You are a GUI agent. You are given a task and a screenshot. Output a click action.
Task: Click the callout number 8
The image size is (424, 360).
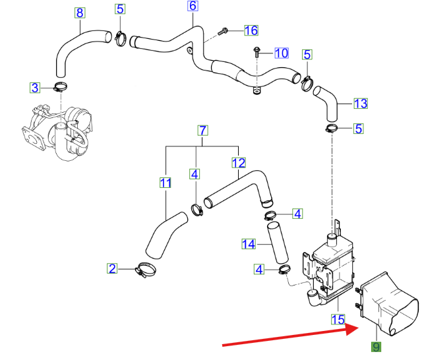(x=80, y=13)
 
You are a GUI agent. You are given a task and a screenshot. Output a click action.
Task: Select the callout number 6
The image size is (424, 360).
(x=193, y=6)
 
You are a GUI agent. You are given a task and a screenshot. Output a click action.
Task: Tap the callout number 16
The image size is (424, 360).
(x=251, y=30)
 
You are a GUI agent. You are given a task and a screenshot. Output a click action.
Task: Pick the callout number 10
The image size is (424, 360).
(x=281, y=53)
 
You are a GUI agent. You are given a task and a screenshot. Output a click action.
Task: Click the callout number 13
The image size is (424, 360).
(x=360, y=104)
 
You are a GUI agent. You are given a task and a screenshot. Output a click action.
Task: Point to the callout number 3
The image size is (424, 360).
(x=36, y=86)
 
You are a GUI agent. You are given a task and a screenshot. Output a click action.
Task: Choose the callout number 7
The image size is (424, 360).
(x=203, y=130)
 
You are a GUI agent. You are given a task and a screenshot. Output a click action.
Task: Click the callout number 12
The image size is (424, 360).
(x=238, y=162)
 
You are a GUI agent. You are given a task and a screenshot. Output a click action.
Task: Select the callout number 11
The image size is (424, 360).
(x=166, y=182)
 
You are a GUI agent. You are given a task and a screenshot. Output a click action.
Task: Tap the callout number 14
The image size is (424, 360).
(x=248, y=245)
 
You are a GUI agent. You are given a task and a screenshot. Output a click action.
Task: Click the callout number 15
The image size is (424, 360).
(x=338, y=319)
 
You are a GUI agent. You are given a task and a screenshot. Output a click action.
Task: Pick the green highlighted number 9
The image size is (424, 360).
(x=375, y=347)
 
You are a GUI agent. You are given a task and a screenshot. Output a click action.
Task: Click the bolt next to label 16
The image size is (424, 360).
(x=222, y=30)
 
